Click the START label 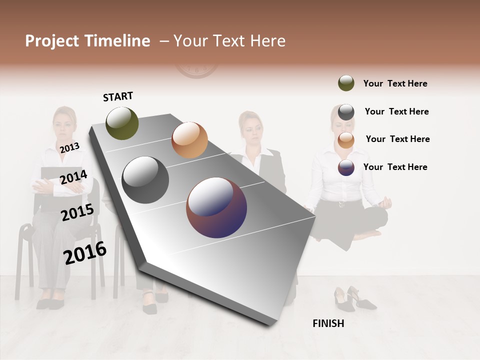tap(118, 96)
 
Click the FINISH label tap(328, 323)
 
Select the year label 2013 tap(69, 147)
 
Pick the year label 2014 tap(73, 177)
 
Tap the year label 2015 tap(77, 212)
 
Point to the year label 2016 tap(85, 253)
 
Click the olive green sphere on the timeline tap(122, 123)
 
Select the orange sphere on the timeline tap(189, 140)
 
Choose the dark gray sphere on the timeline tap(145, 180)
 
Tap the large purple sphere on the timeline tap(216, 207)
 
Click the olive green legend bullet tap(346, 83)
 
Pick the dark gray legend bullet tap(346, 111)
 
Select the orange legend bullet tap(346, 139)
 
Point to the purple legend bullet tap(346, 167)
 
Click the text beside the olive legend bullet tap(395, 83)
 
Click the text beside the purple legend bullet tap(395, 167)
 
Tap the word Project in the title tap(52, 41)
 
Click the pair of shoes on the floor tap(354, 299)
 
